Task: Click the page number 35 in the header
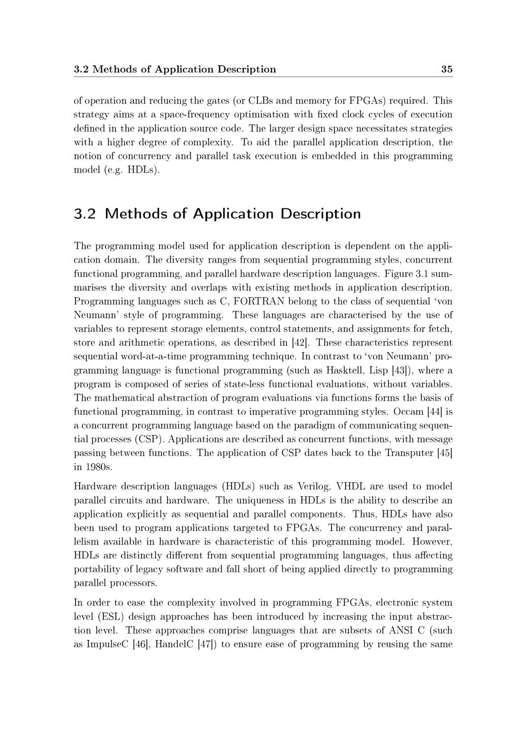tap(447, 69)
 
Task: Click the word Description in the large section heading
tap(321, 214)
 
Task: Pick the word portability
tap(99, 569)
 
